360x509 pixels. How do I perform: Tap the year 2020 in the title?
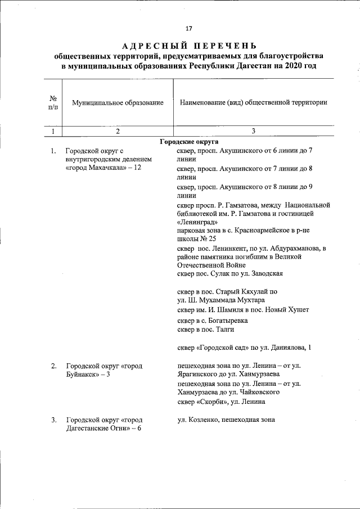point(291,66)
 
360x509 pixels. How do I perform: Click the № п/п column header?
point(52,103)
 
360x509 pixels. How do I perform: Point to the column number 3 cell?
point(253,131)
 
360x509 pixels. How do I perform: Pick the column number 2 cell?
point(118,131)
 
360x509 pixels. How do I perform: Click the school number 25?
point(211,238)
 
